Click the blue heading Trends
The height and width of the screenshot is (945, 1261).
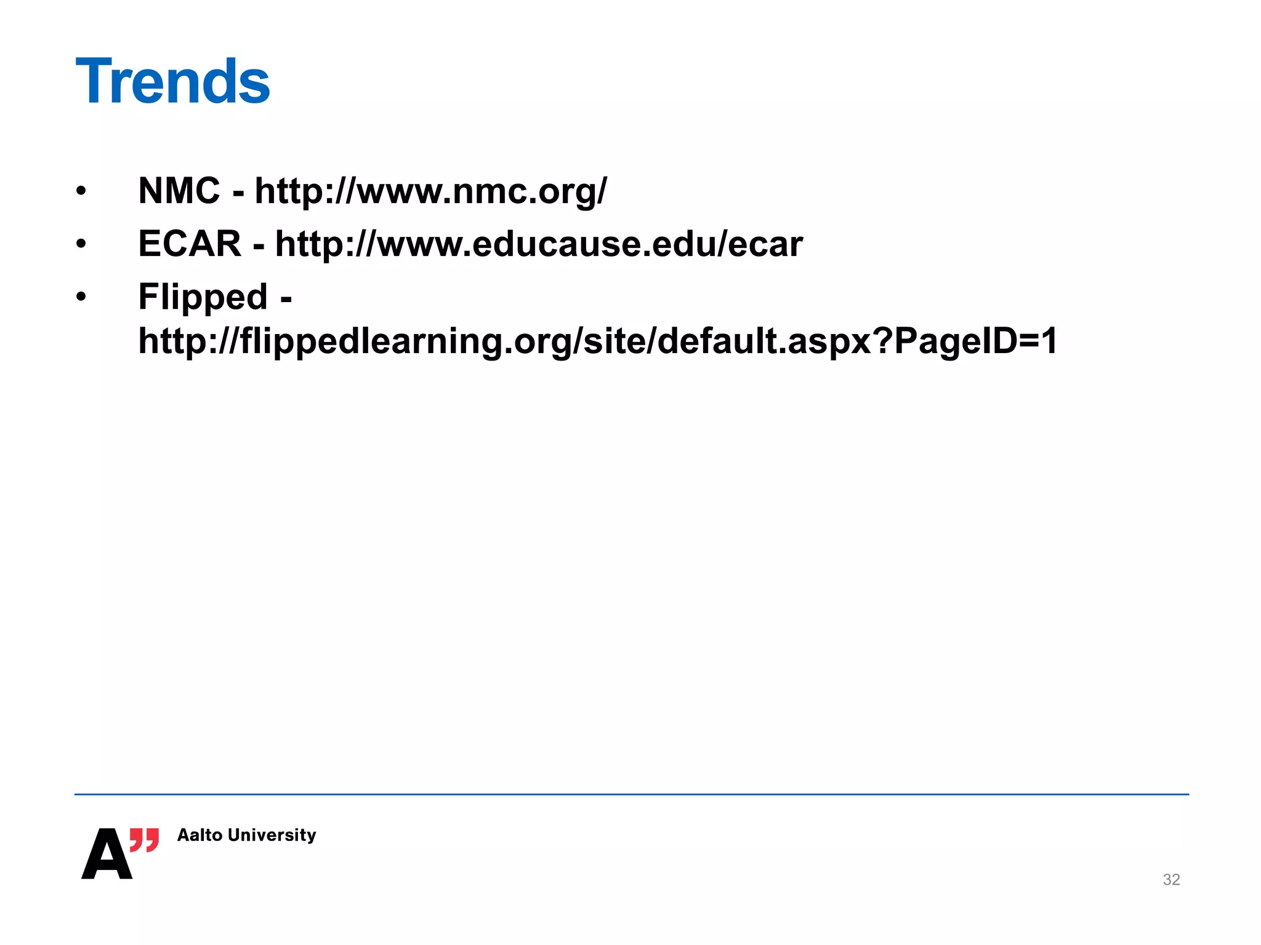point(172,81)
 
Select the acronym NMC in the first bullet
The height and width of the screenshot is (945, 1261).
point(179,191)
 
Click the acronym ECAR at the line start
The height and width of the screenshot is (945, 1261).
point(190,244)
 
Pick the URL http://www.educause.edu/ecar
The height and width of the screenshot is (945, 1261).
point(539,244)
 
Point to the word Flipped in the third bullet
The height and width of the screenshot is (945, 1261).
point(203,297)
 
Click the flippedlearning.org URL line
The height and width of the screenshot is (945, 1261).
point(597,341)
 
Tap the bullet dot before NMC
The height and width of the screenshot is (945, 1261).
point(81,191)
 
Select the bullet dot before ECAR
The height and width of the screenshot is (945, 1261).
point(81,244)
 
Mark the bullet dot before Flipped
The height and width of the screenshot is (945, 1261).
point(81,297)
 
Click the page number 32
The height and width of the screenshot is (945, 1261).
point(1171,880)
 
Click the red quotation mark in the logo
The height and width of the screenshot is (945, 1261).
point(145,840)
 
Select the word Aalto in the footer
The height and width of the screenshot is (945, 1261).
point(199,835)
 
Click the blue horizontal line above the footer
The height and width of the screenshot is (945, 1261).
point(631,794)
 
